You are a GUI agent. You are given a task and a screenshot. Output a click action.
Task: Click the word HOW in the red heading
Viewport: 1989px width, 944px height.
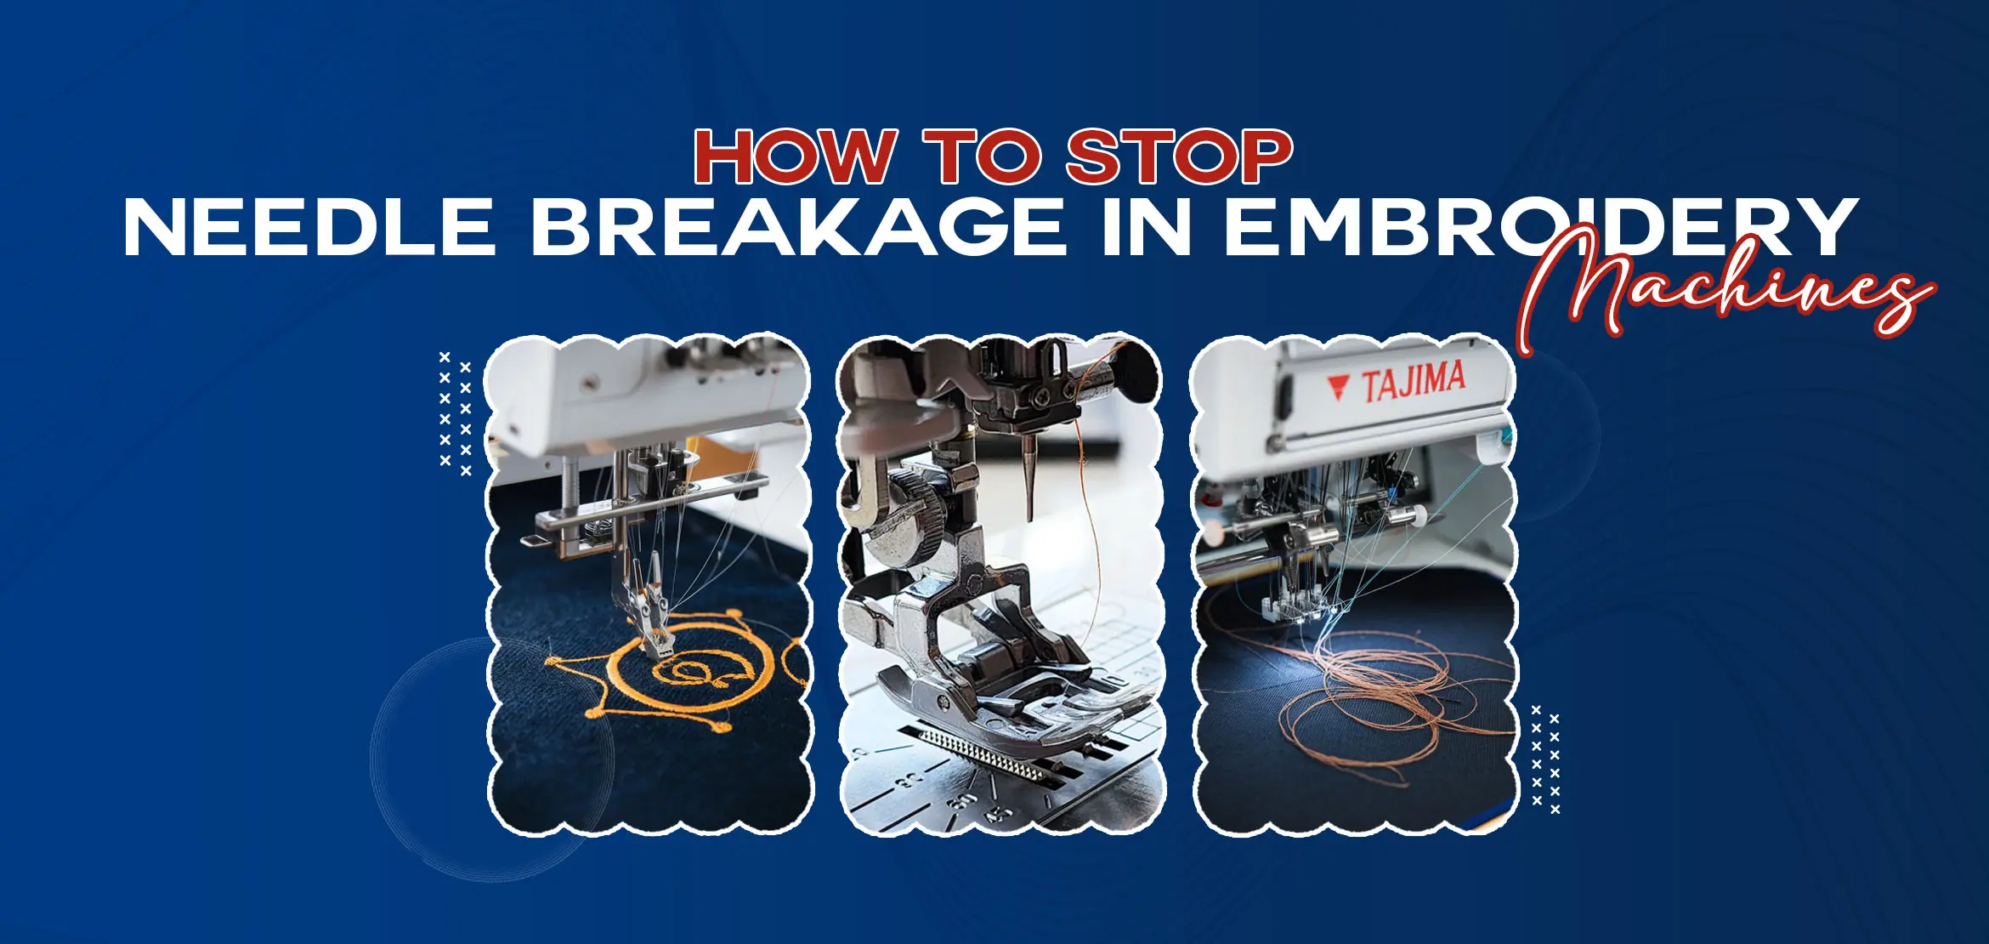pos(795,156)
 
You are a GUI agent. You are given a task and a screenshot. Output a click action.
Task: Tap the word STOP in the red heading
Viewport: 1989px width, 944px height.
pos(1179,156)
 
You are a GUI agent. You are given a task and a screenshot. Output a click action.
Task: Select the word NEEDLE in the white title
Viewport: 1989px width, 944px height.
pos(309,226)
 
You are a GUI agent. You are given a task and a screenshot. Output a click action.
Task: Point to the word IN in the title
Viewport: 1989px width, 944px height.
pos(1145,226)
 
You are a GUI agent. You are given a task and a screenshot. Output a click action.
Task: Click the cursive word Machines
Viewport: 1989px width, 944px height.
pos(1725,289)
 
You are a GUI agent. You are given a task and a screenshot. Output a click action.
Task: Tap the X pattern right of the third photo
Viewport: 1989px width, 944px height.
pos(1545,759)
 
